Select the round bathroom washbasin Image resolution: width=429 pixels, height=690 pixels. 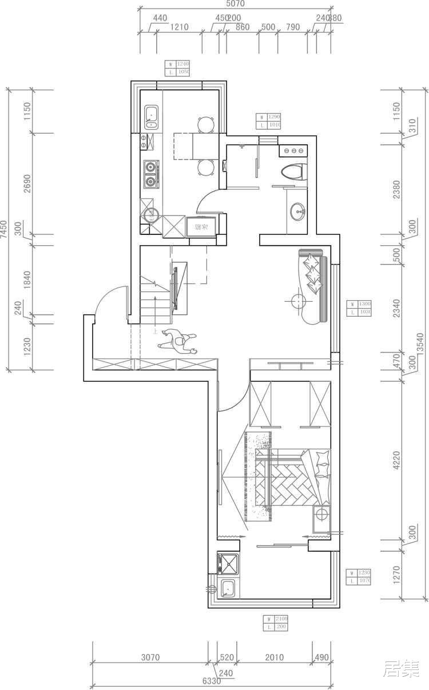point(298,212)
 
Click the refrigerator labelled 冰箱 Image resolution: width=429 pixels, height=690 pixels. point(202,227)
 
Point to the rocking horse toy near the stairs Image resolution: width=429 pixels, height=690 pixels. point(178,344)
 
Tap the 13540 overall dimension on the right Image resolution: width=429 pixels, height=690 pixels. point(422,343)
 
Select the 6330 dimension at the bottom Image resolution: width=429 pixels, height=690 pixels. point(211,681)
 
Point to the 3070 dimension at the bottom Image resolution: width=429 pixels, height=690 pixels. point(150,657)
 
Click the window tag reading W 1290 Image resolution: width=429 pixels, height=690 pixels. point(268,121)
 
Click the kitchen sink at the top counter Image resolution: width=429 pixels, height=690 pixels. point(152,117)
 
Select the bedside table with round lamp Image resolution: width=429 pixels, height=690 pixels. point(322,515)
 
